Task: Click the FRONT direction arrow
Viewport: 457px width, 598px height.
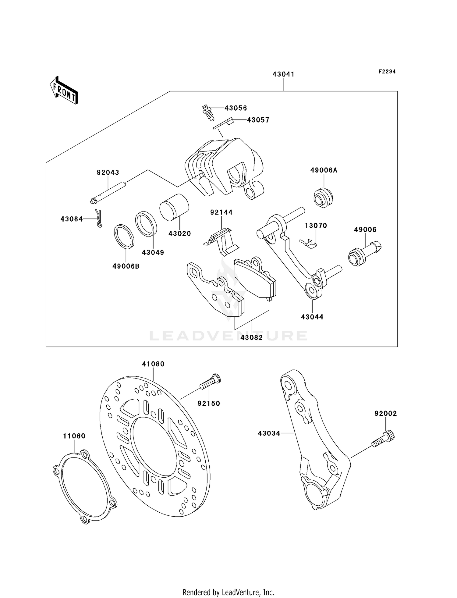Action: click(64, 91)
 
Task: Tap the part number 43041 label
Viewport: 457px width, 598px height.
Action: click(283, 74)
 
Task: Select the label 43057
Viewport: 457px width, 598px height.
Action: click(258, 120)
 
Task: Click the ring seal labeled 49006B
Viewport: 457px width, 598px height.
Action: click(124, 237)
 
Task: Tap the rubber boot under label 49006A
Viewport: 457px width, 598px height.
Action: click(323, 198)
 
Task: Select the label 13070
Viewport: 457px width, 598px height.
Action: click(316, 226)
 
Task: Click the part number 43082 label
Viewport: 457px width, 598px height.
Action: click(252, 338)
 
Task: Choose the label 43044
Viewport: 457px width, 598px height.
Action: click(312, 317)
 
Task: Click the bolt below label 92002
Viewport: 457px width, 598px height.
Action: click(383, 440)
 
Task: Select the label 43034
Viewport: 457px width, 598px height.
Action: click(269, 433)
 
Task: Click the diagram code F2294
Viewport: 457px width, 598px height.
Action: click(387, 72)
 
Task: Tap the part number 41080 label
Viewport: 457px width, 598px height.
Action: click(153, 364)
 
